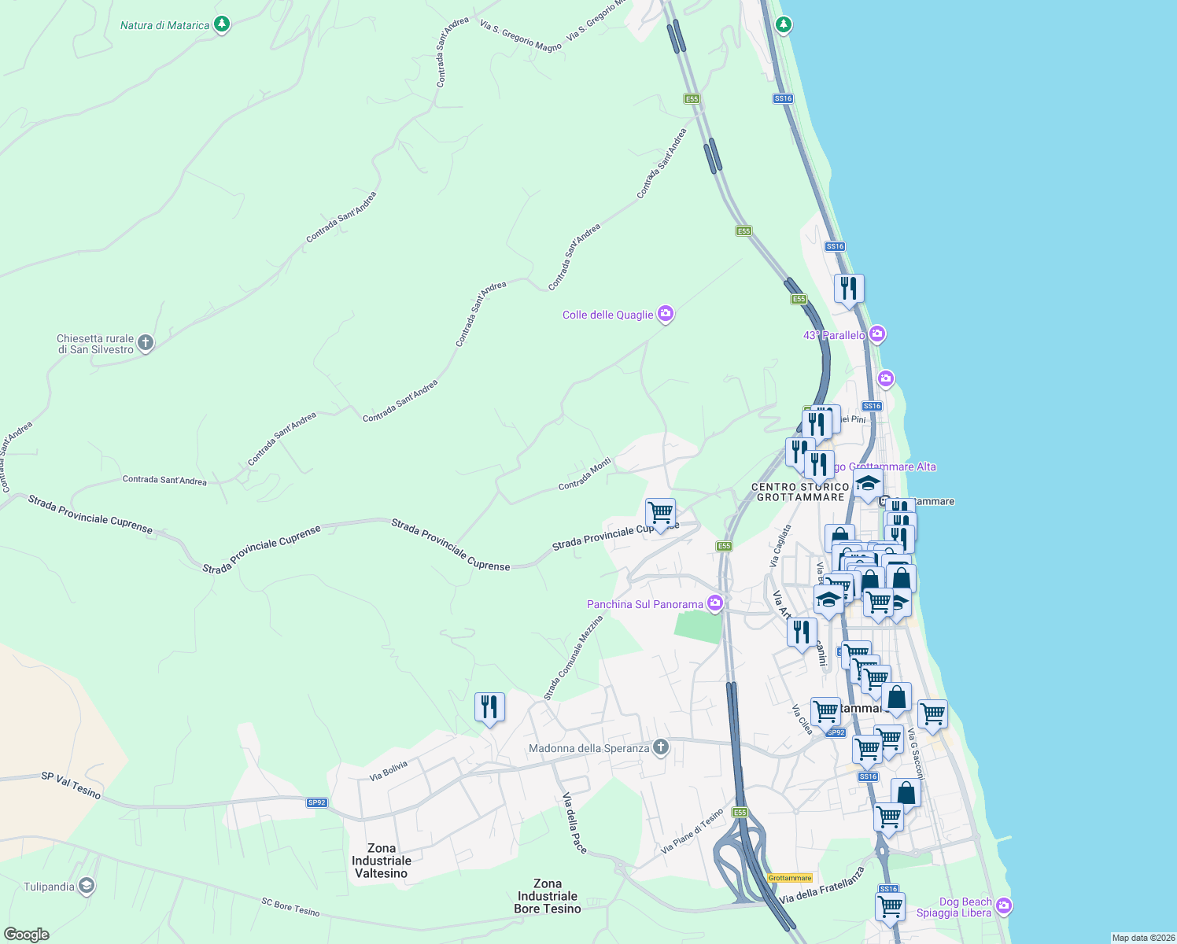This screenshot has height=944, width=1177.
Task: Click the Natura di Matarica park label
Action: click(x=164, y=26)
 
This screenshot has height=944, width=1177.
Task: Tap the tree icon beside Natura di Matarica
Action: click(x=222, y=24)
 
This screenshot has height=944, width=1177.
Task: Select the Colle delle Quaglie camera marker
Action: click(x=666, y=314)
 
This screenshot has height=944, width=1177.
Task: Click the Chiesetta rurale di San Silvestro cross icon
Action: click(x=145, y=342)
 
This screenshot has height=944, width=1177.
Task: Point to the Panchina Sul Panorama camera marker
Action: click(x=715, y=603)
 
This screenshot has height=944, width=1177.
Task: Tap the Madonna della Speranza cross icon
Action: click(x=661, y=747)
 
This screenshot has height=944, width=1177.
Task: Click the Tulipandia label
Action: click(x=49, y=887)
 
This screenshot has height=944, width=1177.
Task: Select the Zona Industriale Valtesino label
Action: click(x=381, y=861)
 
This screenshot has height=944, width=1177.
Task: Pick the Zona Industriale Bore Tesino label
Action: click(x=548, y=896)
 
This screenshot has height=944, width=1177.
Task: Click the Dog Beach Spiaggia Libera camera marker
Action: click(x=1003, y=906)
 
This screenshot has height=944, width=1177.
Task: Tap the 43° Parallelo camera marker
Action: click(x=878, y=334)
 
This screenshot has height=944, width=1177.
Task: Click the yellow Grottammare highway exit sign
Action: click(x=790, y=878)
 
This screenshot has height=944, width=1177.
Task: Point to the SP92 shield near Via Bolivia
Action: click(x=316, y=802)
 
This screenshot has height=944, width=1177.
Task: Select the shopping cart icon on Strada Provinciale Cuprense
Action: click(x=660, y=513)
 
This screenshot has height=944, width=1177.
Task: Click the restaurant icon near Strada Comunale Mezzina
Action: click(x=489, y=707)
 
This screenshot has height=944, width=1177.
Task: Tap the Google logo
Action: click(x=26, y=934)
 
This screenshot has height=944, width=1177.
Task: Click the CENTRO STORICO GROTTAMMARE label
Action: click(x=800, y=492)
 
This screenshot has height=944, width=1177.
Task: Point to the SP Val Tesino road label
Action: click(x=71, y=785)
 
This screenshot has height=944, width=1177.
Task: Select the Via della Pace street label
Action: click(x=574, y=823)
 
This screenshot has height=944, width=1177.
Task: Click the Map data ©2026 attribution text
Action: click(x=1143, y=938)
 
